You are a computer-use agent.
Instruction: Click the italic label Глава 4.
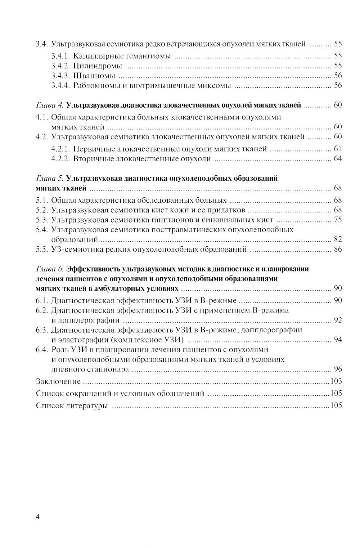(50, 105)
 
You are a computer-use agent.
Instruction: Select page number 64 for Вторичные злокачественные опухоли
(338, 159)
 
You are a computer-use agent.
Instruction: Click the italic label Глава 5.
(50, 178)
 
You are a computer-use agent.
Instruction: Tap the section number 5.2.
(42, 210)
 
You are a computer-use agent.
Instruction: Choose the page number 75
(338, 220)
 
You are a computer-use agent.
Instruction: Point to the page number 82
(338, 239)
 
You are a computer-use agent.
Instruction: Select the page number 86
(338, 249)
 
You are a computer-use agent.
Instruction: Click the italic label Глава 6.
(50, 269)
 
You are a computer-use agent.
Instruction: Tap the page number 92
(338, 320)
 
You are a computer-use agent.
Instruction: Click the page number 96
(338, 369)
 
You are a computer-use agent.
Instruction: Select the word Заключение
(58, 381)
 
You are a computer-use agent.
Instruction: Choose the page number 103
(336, 381)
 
